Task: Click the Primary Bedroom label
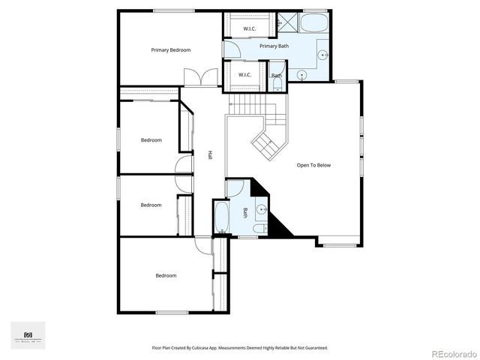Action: click(170, 50)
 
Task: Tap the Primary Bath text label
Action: click(274, 46)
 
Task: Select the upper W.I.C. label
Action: click(250, 29)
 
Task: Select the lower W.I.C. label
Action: click(245, 75)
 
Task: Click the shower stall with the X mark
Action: click(288, 22)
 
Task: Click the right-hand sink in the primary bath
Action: click(322, 55)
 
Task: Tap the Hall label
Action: click(210, 154)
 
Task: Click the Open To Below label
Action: click(313, 165)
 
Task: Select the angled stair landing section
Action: click(266, 142)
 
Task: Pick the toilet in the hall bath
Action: click(259, 228)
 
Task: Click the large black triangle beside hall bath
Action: click(280, 224)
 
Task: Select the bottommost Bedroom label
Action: click(166, 275)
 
